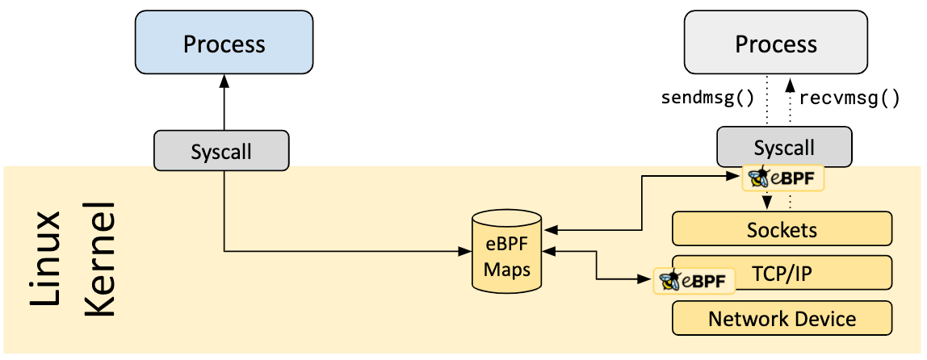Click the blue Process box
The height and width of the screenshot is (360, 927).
(x=224, y=44)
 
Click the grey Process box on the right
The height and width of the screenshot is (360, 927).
(x=775, y=44)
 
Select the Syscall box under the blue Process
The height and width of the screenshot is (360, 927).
(x=221, y=152)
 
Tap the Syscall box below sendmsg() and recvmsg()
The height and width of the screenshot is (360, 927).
(x=783, y=148)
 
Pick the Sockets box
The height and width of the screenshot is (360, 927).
(x=782, y=229)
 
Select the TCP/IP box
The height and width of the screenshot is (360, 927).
(x=782, y=274)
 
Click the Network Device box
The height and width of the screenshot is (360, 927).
(x=782, y=318)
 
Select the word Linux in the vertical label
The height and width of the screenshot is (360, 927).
(x=47, y=260)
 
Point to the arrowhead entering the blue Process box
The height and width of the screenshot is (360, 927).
(x=224, y=82)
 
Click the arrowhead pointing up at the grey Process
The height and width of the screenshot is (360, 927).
(x=790, y=82)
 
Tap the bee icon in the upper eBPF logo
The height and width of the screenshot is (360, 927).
(x=758, y=178)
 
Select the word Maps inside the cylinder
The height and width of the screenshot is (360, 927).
(x=506, y=269)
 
